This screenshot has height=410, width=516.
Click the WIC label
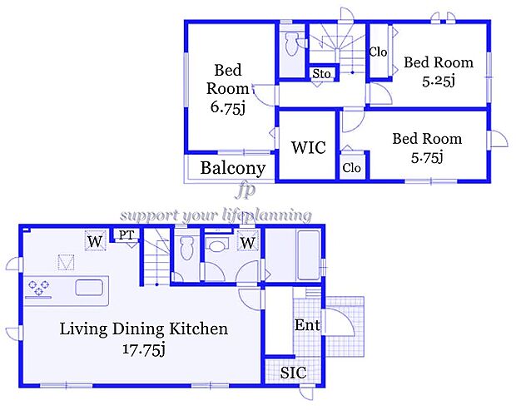(308, 147)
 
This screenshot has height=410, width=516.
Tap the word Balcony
(233, 168)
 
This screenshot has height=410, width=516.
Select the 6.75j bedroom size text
(228, 107)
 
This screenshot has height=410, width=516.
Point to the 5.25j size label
(439, 81)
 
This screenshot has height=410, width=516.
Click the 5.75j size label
(427, 158)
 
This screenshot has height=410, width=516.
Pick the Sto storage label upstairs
(321, 74)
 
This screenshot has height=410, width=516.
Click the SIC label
(293, 373)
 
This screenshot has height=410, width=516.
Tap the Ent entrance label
(307, 325)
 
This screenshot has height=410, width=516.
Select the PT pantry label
(127, 235)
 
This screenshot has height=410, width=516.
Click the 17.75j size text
(143, 349)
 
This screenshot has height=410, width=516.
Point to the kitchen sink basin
(89, 288)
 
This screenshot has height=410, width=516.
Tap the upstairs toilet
(292, 43)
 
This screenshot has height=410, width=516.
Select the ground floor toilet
(186, 248)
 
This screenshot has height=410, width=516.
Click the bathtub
(308, 255)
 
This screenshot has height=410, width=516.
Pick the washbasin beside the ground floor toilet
(217, 245)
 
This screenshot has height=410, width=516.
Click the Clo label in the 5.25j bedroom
(378, 52)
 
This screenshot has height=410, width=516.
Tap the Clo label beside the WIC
(351, 168)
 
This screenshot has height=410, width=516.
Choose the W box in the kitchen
(95, 241)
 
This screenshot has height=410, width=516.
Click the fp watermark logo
(246, 190)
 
